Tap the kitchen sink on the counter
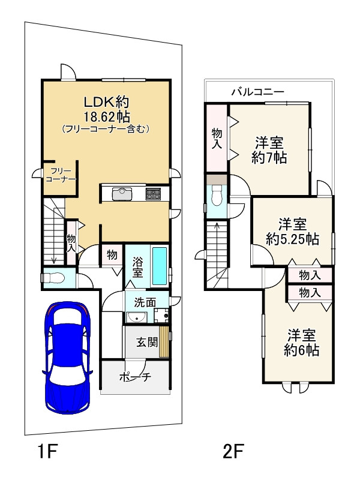click(x=122, y=194)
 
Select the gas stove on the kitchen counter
click(x=152, y=193)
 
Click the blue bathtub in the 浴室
click(x=160, y=265)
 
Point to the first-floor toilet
click(x=53, y=278)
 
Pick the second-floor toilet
click(x=217, y=197)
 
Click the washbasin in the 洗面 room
click(x=136, y=317)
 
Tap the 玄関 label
click(x=147, y=341)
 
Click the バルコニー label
click(x=258, y=91)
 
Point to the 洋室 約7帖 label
click(x=269, y=151)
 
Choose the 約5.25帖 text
click(x=292, y=239)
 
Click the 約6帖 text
click(x=302, y=350)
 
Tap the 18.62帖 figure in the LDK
click(x=107, y=116)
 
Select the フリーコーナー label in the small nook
click(x=61, y=175)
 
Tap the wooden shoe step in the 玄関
click(x=164, y=341)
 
